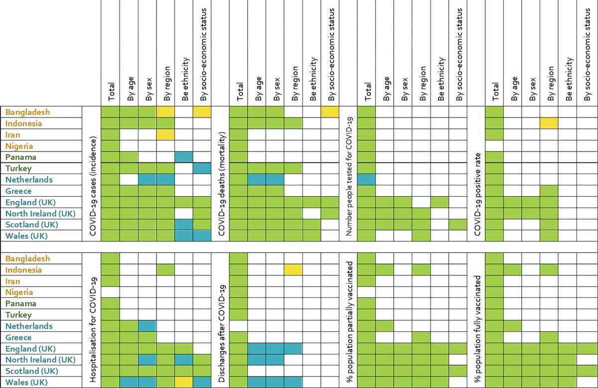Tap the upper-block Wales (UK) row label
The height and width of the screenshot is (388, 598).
click(x=24, y=236)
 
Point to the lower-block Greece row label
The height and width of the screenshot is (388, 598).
click(x=18, y=338)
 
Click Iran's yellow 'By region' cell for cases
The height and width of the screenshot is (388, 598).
click(x=165, y=134)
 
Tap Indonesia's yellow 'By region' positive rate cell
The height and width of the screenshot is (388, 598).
click(x=548, y=123)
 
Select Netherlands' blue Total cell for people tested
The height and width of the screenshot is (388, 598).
click(x=366, y=179)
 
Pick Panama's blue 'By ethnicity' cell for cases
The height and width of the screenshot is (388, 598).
click(x=183, y=157)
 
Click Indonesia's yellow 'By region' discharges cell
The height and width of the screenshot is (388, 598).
click(x=293, y=269)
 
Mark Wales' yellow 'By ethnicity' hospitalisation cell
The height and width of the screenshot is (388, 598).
click(x=183, y=383)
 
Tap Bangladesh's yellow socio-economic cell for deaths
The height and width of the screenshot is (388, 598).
click(x=330, y=112)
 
